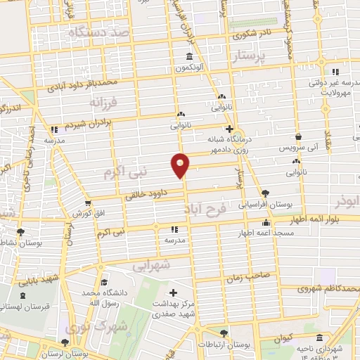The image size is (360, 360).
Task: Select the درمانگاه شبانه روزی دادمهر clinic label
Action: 227,144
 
